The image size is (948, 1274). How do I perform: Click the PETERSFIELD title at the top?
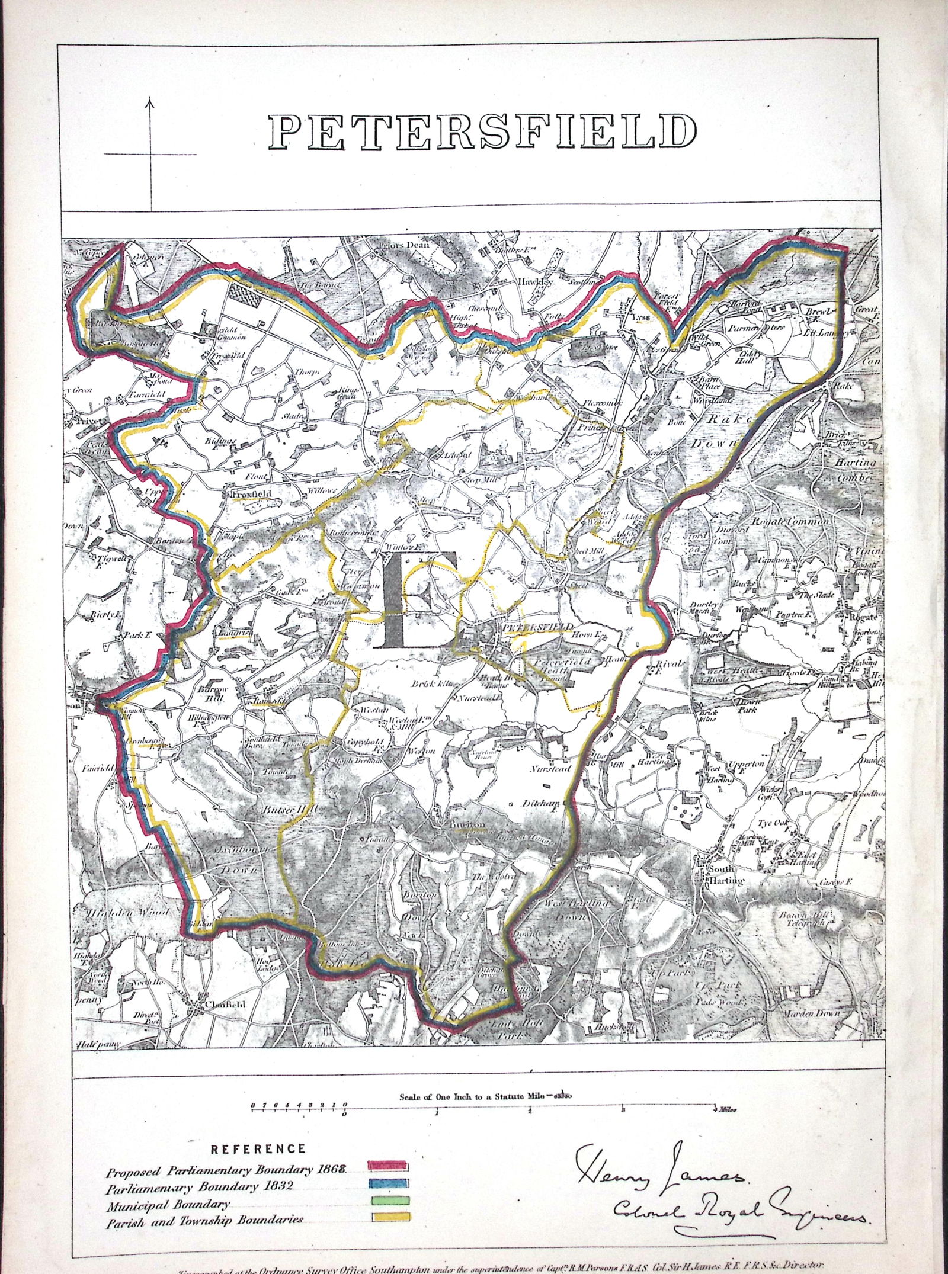pos(481,131)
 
